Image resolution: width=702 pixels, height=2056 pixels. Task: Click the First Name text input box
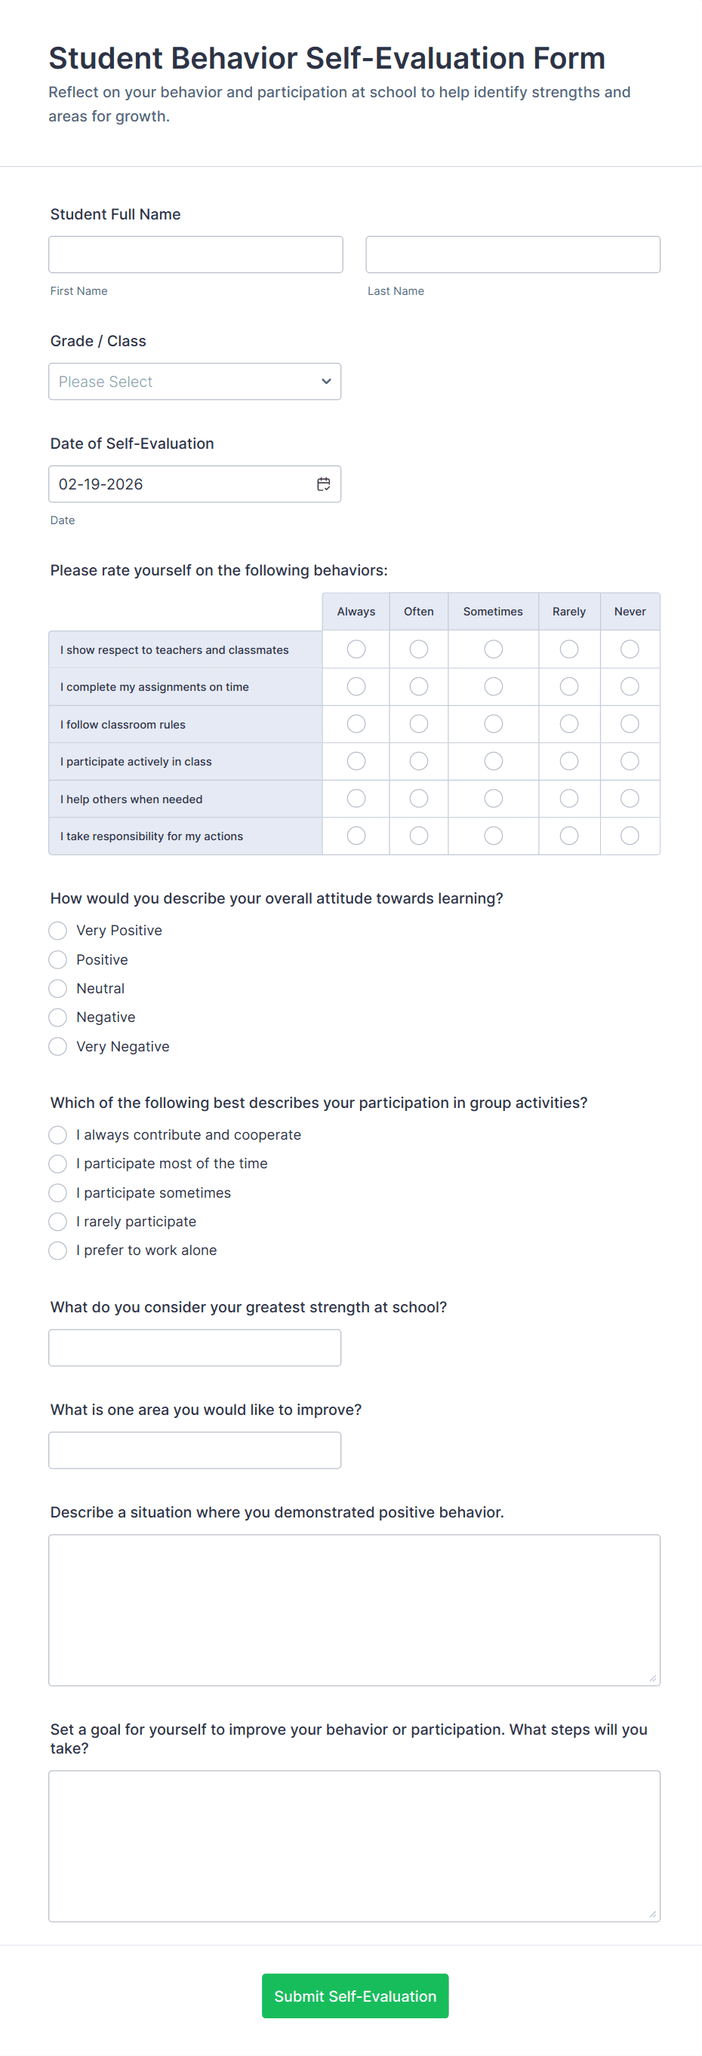[196, 255]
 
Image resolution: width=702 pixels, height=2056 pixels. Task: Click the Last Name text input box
[513, 255]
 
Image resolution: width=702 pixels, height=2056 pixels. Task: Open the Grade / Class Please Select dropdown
[195, 382]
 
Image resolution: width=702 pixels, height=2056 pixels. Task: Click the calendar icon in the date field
[323, 484]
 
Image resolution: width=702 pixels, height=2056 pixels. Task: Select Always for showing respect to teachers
[356, 649]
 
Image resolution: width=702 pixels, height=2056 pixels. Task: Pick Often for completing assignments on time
[418, 686]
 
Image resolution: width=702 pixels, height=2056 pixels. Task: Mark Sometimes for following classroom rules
[494, 724]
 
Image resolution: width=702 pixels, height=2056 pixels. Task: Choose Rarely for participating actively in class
[568, 762]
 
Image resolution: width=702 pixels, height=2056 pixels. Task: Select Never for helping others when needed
[630, 798]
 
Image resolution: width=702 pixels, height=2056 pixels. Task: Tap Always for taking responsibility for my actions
[356, 836]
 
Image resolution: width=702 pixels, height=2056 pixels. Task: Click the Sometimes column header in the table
[493, 612]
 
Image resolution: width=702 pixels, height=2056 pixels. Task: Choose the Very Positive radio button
[57, 931]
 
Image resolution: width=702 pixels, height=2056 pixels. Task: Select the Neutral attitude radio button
[57, 989]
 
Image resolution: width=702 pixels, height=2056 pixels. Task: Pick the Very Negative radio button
[57, 1046]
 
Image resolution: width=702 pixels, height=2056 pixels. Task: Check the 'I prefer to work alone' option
[57, 1250]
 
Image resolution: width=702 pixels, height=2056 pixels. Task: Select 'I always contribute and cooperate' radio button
[57, 1135]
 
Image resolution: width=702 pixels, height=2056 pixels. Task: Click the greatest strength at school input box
[195, 1347]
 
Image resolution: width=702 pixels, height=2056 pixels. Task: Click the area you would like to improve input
[195, 1450]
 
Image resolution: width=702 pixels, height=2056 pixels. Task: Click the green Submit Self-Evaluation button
[355, 1996]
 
